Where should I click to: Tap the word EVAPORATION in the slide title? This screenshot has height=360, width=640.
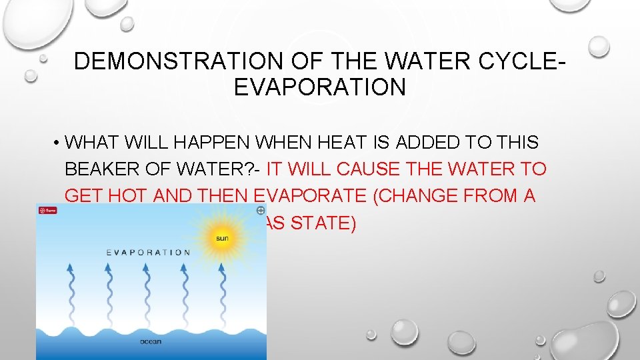pos(319,87)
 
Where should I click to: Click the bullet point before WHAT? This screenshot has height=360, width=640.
pos(59,143)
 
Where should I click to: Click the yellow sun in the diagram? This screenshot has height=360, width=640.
pos(221,237)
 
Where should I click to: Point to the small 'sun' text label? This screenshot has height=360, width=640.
pos(221,238)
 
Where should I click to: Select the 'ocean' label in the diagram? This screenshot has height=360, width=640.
pos(151,342)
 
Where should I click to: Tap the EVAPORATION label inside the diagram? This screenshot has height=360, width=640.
pos(149,253)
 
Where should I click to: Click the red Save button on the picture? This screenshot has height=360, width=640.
pos(47,210)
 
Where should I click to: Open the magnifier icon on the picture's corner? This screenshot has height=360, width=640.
pos(260,210)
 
